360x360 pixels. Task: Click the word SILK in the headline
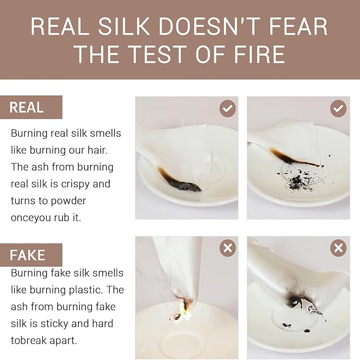pyautogui.click(x=124, y=27)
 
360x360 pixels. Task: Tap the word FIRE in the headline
pyautogui.click(x=259, y=54)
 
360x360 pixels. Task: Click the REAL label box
pyautogui.click(x=31, y=107)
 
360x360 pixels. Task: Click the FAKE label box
pyautogui.click(x=31, y=255)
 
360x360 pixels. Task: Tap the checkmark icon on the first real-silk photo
pyautogui.click(x=227, y=108)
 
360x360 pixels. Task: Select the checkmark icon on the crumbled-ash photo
pyautogui.click(x=338, y=108)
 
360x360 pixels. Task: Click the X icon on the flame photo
pyautogui.click(x=227, y=248)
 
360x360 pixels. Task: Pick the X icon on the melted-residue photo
pyautogui.click(x=338, y=248)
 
